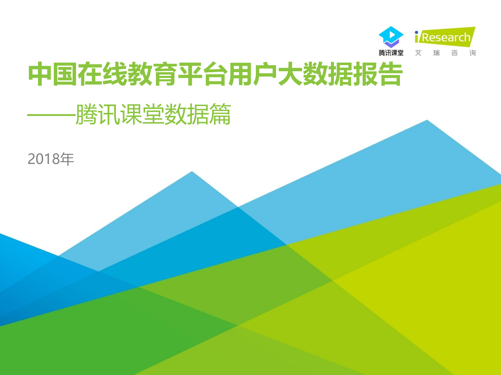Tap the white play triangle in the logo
pos(392,35)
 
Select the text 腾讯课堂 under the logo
pos(391,53)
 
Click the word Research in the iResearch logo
pos(446,38)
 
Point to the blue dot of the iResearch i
pos(416,32)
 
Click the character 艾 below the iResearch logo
pos(418,53)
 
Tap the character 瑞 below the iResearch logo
pos(436,53)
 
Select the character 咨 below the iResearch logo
pos(454,53)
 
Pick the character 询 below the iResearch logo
pos(472,53)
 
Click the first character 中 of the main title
pos(40,74)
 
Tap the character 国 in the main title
pos(65,74)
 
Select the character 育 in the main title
pos(165,74)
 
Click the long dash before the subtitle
pos(51,115)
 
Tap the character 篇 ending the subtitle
pos(220,114)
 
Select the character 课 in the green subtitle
pos(131,114)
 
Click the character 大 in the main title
pos(290,74)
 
